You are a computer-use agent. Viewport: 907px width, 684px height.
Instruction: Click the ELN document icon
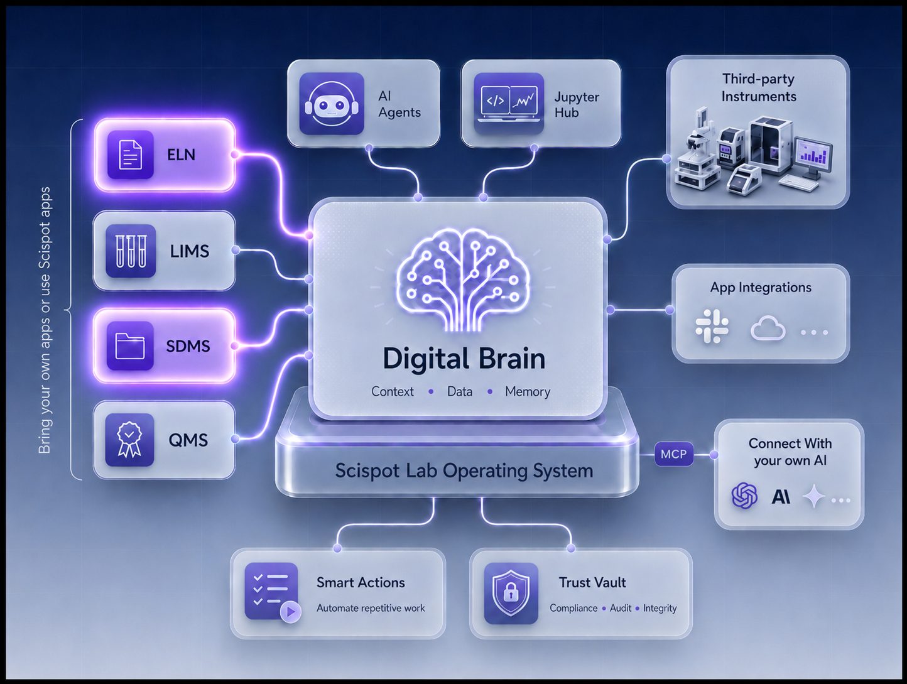click(x=130, y=155)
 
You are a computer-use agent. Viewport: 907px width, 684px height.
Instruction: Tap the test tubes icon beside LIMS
click(x=131, y=251)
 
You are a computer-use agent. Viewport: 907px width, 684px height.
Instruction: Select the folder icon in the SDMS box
click(x=130, y=345)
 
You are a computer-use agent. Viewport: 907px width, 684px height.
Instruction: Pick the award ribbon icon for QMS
click(x=130, y=440)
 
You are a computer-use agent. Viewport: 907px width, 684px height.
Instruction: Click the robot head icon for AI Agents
click(x=332, y=104)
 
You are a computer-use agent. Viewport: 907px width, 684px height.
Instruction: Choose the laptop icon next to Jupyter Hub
click(x=509, y=104)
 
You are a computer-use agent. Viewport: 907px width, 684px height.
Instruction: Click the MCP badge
click(x=674, y=454)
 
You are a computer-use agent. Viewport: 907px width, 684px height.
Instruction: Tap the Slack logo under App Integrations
click(x=712, y=327)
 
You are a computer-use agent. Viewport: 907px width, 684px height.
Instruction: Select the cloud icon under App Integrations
click(x=768, y=328)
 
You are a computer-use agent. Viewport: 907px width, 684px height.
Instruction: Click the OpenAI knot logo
click(x=744, y=495)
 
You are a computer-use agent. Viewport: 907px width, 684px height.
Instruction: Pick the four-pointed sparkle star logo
click(x=814, y=496)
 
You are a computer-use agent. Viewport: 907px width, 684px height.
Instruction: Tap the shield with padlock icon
click(x=511, y=593)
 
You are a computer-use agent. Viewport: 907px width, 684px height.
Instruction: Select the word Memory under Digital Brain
click(x=527, y=391)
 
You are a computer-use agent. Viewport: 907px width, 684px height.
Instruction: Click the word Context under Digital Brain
click(x=392, y=391)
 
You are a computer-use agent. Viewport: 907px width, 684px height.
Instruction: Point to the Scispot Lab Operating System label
click(x=464, y=471)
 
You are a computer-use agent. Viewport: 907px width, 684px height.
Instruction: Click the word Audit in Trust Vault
click(x=621, y=608)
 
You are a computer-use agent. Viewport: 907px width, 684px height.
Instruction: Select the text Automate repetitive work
click(x=371, y=609)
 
